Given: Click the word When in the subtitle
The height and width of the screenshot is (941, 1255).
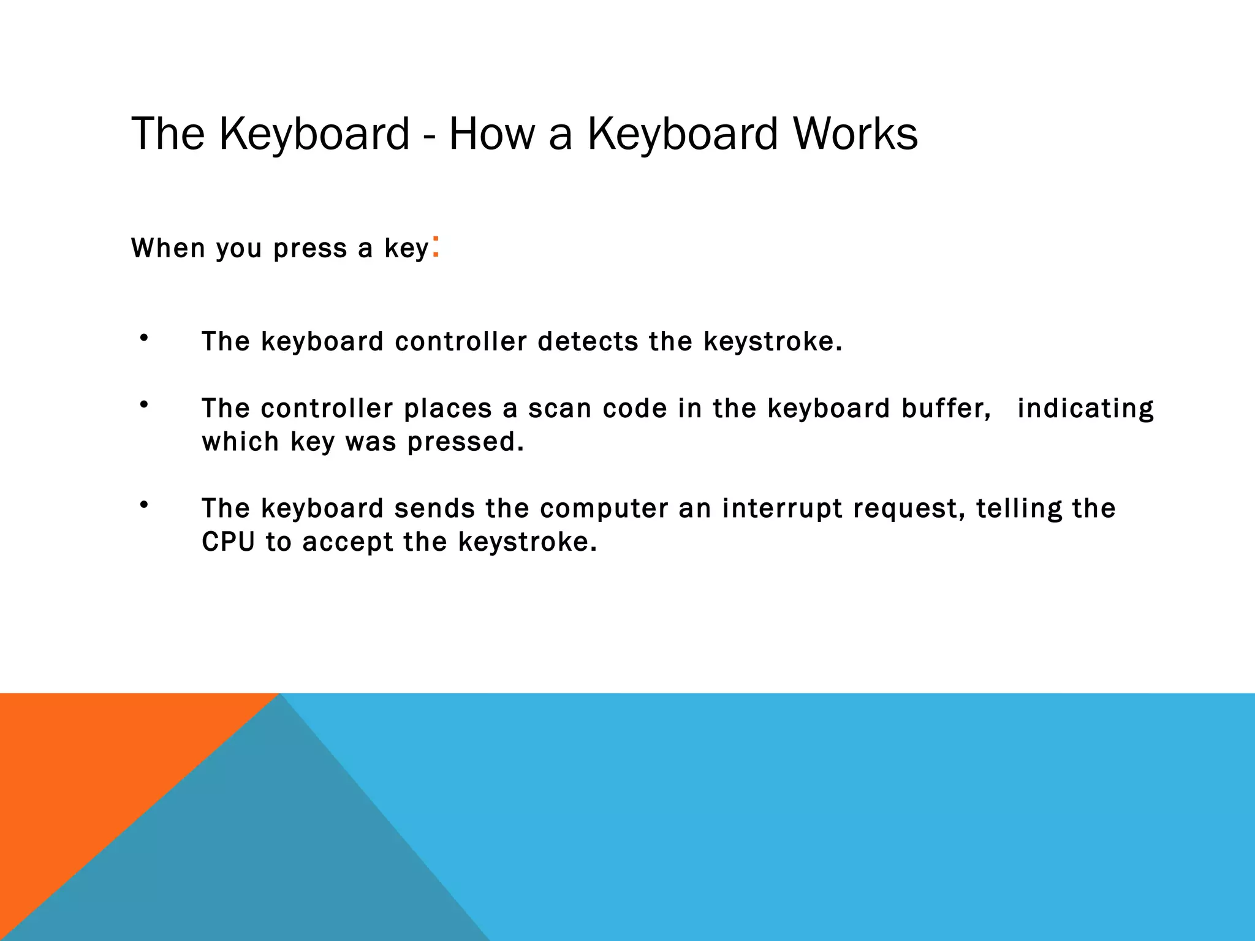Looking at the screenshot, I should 168,248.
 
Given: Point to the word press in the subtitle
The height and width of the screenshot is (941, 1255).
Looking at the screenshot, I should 310,249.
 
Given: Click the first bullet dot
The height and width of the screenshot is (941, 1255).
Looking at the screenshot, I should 144,338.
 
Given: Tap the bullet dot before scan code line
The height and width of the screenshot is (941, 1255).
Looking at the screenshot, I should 144,405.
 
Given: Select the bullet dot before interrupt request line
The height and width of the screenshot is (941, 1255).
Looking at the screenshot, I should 144,505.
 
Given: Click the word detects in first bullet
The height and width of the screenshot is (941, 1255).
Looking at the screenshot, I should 588,341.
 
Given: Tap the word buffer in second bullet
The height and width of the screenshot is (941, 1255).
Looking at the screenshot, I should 946,409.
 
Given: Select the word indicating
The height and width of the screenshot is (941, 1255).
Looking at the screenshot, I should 1085,409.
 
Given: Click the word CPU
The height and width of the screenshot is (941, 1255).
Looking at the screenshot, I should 228,542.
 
